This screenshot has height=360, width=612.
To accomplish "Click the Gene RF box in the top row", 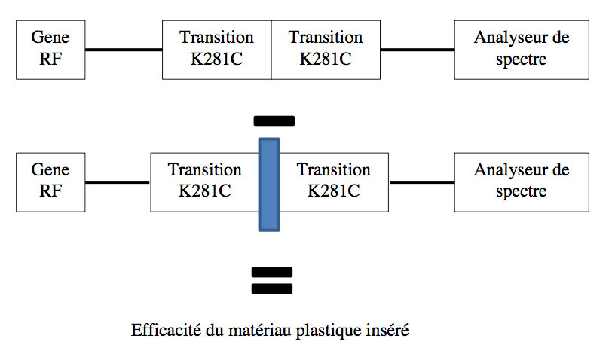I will click(x=50, y=48).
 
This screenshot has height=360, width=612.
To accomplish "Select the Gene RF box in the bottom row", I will click(x=50, y=182).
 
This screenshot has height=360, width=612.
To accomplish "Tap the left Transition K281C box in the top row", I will click(x=216, y=48).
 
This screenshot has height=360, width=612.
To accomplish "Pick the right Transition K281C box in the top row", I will click(x=326, y=48).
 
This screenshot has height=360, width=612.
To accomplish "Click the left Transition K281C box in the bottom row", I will click(x=203, y=182).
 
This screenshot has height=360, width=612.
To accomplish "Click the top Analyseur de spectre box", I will click(x=522, y=48).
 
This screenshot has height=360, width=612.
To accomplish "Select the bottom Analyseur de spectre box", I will click(x=522, y=182).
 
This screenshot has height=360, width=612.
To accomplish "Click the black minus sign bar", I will click(x=274, y=120).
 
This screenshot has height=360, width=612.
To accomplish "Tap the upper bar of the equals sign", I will click(x=271, y=272).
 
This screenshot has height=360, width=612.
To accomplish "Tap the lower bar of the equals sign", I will click(x=271, y=288).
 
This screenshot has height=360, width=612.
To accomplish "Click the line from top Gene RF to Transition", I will click(x=124, y=50).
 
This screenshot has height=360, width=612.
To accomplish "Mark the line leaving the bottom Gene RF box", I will click(x=118, y=182).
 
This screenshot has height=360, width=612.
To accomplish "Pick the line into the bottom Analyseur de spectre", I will click(x=422, y=182).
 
